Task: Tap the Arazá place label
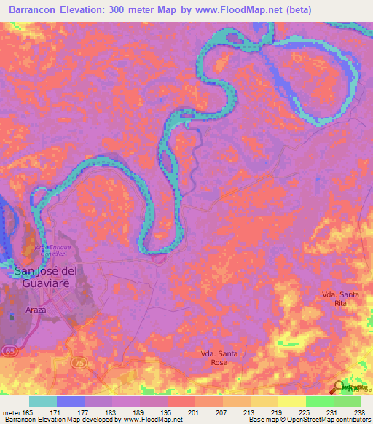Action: point(36,310)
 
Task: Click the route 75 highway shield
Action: point(79,361)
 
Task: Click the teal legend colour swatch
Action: point(42,401)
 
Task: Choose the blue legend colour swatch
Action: point(70,401)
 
